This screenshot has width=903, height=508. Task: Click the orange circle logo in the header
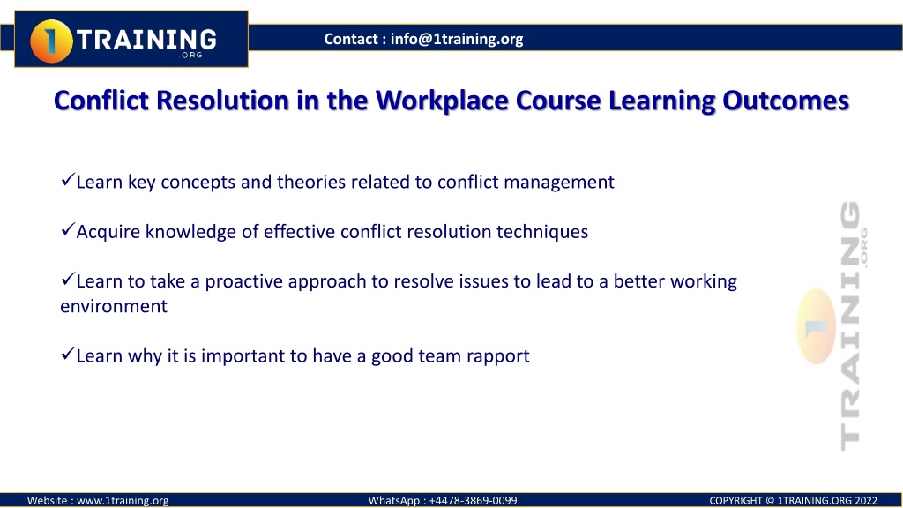[x=51, y=41]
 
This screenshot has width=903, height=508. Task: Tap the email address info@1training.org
[x=457, y=39]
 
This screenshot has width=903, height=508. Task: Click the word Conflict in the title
[x=101, y=101]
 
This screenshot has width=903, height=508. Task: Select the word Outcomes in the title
[x=786, y=101]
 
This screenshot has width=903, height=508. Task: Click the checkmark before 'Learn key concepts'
[x=67, y=180]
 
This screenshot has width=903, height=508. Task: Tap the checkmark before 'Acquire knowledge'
[x=67, y=230]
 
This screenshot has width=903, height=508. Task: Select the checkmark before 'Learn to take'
[x=67, y=280]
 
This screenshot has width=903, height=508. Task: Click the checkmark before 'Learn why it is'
[x=67, y=354]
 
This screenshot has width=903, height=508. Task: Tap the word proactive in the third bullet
[x=244, y=282]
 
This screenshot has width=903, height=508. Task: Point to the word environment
[x=114, y=306]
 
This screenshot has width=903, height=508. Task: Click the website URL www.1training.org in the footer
[x=123, y=501]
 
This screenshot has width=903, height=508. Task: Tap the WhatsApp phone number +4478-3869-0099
[x=473, y=501]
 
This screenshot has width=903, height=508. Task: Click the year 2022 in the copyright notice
[x=866, y=501]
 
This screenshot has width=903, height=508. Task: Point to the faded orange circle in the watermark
[x=817, y=326]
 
